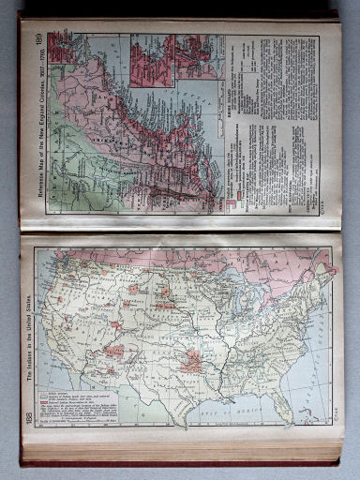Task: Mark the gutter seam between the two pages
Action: point(178,232)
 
